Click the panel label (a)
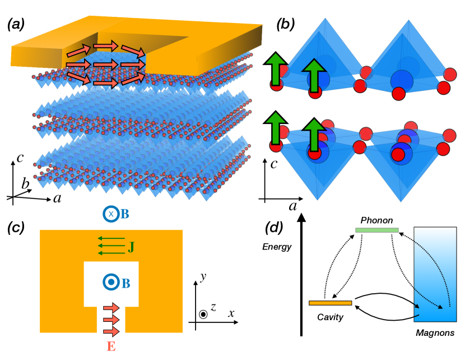[x=20, y=24]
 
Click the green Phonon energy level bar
[x=377, y=230]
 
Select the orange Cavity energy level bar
[x=330, y=303]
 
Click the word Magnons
[x=435, y=333]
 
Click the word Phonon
[x=377, y=220]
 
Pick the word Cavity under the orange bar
[x=330, y=317]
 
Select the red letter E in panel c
[x=111, y=346]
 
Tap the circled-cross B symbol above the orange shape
[x=111, y=214]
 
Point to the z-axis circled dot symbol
[x=203, y=313]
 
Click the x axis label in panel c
[x=231, y=313]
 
